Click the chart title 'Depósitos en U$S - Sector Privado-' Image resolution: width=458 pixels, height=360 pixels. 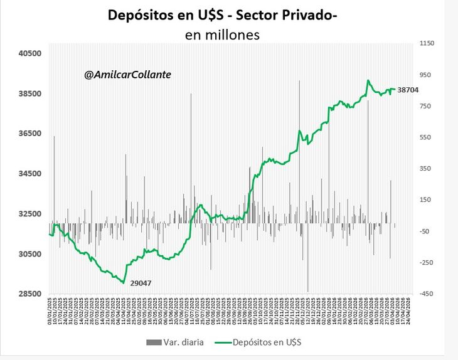(223, 15)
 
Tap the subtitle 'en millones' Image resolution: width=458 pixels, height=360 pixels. (223, 35)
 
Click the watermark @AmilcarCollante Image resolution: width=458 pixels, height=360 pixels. (127, 75)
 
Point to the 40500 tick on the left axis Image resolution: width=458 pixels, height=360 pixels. (29, 53)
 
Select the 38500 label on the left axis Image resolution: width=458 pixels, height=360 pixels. (29, 93)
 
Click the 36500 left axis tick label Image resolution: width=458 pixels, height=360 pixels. (29, 134)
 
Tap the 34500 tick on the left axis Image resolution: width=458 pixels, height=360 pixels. (29, 174)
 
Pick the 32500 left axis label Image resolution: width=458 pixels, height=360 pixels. (29, 214)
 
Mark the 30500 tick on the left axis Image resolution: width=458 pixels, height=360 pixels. (29, 254)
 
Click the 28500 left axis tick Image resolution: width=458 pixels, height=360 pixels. (29, 294)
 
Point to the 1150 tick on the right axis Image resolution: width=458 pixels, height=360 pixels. (427, 43)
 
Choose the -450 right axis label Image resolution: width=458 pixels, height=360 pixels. (427, 294)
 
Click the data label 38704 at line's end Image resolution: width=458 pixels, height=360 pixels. (408, 90)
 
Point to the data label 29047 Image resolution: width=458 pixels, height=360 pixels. (141, 283)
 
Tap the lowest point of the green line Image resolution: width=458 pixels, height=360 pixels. (124, 282)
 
